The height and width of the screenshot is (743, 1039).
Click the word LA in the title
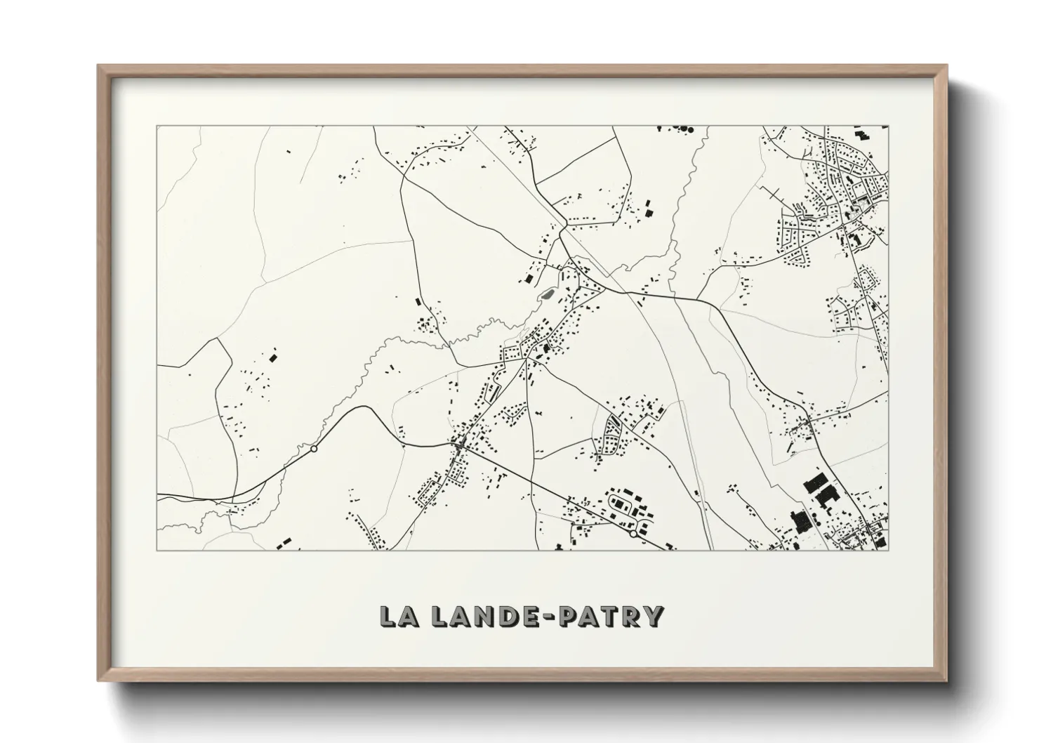coord(401,616)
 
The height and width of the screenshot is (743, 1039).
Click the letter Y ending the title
coord(653,616)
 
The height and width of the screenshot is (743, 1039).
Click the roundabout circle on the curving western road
coord(314,449)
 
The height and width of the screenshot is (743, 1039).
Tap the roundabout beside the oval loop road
coord(634,534)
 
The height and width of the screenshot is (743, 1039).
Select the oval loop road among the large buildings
coord(622,504)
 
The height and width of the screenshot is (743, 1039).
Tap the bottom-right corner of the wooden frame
coord(948,682)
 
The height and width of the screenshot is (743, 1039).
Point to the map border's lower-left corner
coord(157,550)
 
